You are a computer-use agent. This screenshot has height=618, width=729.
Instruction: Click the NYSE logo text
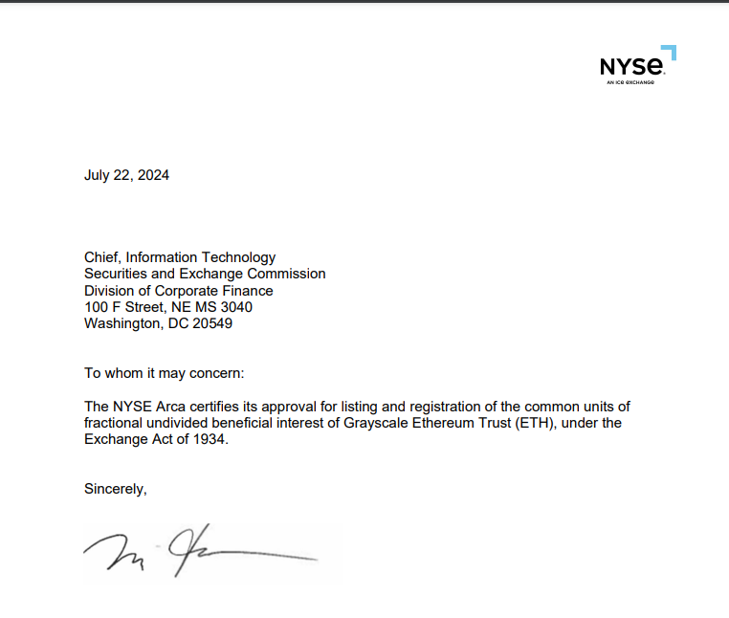pos(631,67)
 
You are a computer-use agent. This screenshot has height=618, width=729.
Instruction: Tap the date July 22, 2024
pos(126,175)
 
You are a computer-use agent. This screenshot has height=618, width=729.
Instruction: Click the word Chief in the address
pos(101,257)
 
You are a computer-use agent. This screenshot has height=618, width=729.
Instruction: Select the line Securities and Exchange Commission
pos(205,274)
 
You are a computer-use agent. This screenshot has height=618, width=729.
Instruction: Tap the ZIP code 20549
pos(211,323)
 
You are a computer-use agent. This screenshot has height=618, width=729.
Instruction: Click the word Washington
pos(121,323)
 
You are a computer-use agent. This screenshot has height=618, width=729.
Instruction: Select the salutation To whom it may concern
pos(170,373)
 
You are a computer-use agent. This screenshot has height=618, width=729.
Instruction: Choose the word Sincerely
pos(115,489)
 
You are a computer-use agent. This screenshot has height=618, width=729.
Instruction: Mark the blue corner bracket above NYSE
pos(670,52)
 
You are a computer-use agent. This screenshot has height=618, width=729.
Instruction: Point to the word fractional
pos(115,423)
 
